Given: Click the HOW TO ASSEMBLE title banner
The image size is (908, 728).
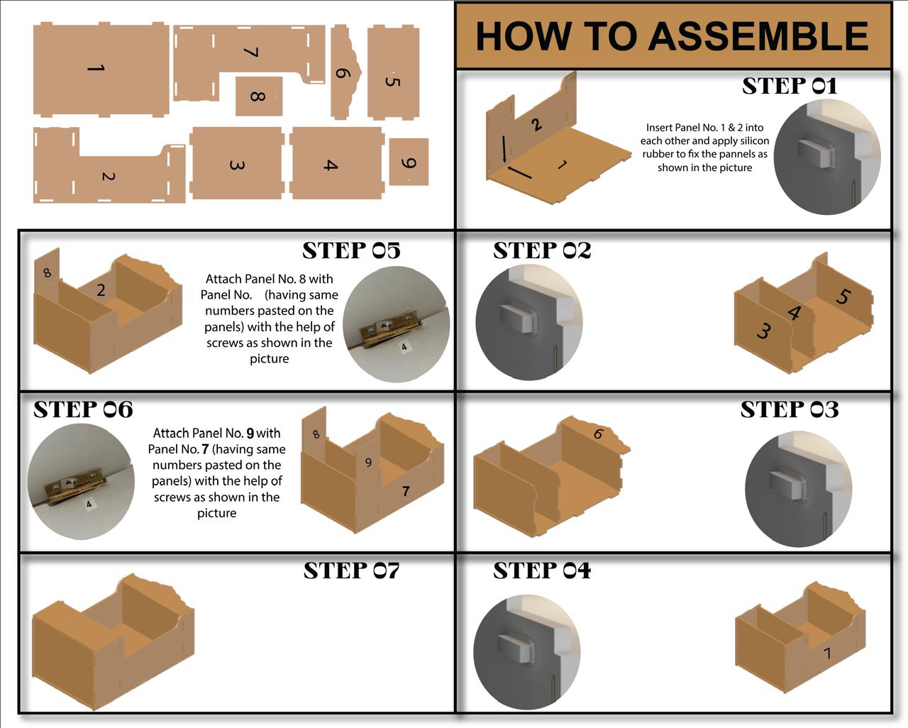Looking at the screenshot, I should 672,36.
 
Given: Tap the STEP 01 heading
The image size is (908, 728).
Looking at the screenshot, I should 790,86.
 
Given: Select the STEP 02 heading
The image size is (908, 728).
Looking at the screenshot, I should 542,250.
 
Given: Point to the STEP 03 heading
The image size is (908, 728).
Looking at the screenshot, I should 790,409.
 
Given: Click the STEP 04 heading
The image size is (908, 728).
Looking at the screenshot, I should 542,570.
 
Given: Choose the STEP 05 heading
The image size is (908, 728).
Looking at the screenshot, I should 351,250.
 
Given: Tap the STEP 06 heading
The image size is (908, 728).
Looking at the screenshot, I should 83,409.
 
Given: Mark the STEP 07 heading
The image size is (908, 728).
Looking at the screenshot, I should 351,570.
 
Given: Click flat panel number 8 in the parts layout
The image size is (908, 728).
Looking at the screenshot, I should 258,96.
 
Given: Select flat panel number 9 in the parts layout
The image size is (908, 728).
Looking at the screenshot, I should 409,162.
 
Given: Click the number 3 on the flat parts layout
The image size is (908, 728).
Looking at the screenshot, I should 237,165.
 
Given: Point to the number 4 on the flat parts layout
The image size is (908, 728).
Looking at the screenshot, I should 330,165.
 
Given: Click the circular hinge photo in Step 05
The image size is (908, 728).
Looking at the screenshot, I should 396,325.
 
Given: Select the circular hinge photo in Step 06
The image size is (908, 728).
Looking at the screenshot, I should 80,482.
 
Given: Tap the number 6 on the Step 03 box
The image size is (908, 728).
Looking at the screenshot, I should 599,434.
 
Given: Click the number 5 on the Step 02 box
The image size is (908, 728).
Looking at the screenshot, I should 842,296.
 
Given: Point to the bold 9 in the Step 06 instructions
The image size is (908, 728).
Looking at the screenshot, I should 250,433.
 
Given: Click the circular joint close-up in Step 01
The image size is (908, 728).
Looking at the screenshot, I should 827,156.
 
